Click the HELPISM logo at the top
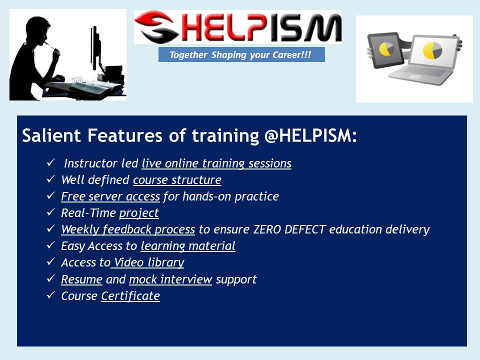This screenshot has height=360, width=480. [238, 27]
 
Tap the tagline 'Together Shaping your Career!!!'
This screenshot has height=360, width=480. [241, 54]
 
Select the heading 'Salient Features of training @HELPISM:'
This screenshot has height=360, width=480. [189, 136]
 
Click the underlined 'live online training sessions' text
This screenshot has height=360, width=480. [216, 163]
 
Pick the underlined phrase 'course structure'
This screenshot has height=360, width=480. [177, 180]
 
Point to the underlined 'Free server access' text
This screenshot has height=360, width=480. [110, 196]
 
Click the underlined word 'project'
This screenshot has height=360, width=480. [139, 213]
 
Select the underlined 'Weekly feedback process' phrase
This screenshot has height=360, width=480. [128, 229]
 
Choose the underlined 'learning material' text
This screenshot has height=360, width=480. [188, 246]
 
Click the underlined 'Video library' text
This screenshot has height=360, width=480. [148, 262]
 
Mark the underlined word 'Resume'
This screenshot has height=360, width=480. [81, 279]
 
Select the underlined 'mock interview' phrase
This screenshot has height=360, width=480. [170, 279]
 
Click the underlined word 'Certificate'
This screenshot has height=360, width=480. [130, 296]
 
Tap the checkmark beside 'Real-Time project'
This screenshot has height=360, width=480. [50, 212]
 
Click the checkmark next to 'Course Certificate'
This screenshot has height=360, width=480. [50, 295]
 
